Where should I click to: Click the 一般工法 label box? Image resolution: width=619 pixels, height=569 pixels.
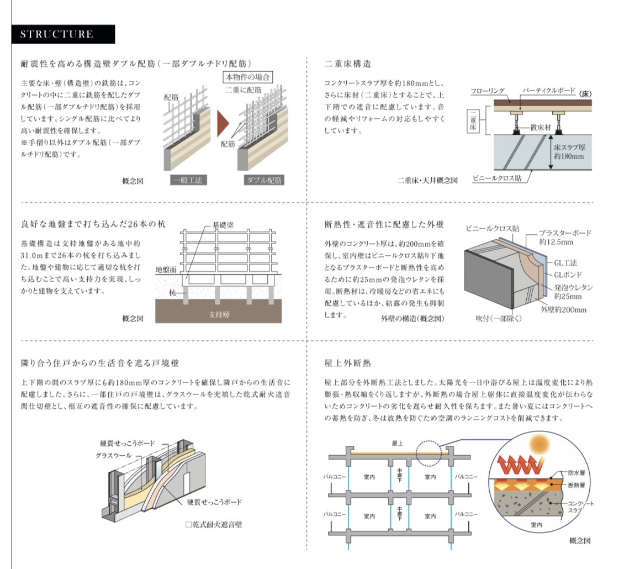click(188, 180)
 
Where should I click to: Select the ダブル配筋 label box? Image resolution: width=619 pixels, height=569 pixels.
click(264, 180)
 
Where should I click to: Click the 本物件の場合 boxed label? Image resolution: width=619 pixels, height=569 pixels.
click(248, 77)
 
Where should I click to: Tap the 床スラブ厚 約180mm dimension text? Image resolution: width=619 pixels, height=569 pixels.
click(570, 152)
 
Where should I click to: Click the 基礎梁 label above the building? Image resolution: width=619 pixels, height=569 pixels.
click(223, 226)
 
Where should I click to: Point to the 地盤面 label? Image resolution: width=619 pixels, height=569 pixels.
click(166, 269)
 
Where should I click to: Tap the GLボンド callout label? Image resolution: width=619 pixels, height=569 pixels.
click(567, 275)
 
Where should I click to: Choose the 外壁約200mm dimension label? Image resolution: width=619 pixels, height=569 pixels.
click(563, 310)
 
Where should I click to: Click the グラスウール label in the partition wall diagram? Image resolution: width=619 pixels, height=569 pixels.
click(113, 455)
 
